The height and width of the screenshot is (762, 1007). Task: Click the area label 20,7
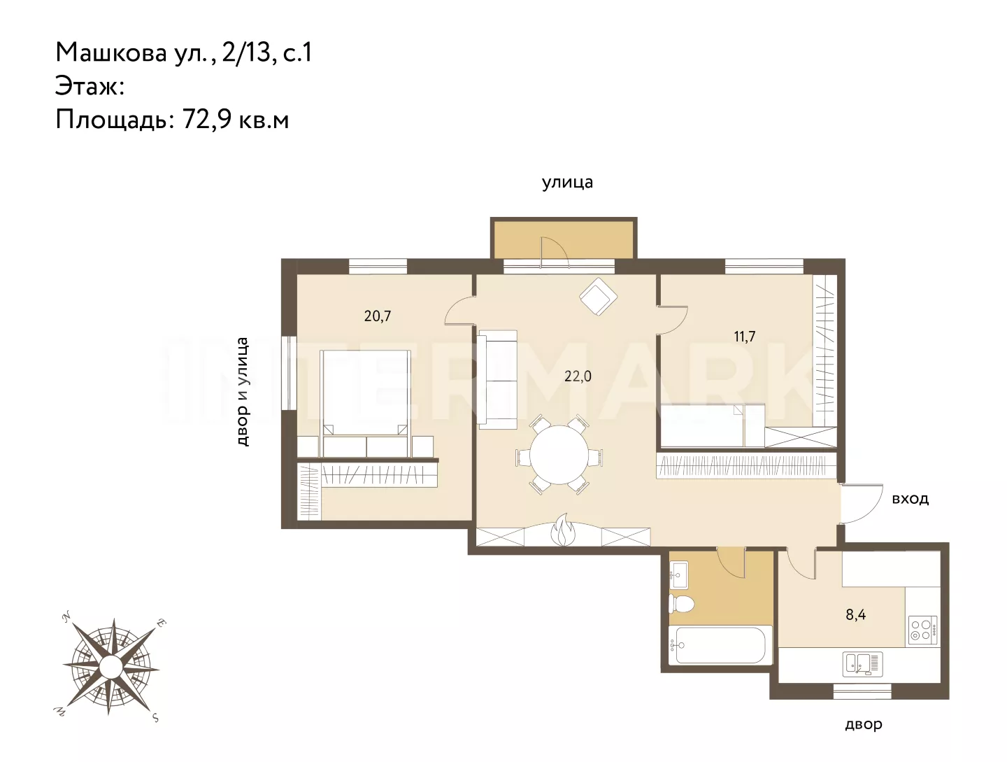pos(378,316)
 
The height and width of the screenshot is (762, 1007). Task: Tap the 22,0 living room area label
pos(578,376)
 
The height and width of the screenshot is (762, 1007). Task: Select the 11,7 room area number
pos(744,337)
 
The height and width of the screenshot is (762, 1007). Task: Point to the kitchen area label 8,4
pos(856,614)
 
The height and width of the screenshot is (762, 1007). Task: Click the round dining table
pos(559,454)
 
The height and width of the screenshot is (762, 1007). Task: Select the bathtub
pos(720,645)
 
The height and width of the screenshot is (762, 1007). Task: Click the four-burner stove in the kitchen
pos(923,630)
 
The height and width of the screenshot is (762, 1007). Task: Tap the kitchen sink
pos(862,664)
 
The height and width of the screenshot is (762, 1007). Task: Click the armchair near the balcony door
pos(598,296)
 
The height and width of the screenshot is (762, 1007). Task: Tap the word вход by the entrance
pos(910,499)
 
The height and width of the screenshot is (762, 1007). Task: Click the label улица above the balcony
pos(568,183)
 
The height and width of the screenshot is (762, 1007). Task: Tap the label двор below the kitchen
pos(864,725)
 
